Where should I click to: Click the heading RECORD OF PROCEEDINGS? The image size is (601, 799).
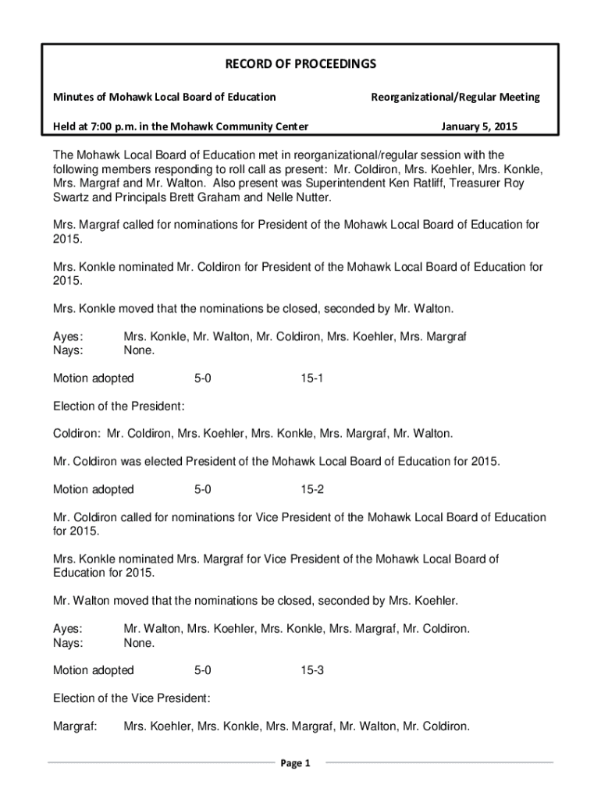pos(300,63)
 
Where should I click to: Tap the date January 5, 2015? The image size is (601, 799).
pos(478,126)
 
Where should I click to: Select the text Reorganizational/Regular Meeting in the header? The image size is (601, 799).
pos(454,97)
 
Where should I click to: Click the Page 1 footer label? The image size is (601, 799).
pos(296,763)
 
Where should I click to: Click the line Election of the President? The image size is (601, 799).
pos(119,407)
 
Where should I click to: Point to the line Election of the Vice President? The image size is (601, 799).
pos(131,698)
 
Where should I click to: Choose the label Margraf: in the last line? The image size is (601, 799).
pos(75,726)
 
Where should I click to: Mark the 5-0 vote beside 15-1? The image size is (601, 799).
pos(202,378)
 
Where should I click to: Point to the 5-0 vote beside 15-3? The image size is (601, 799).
pos(202,670)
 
